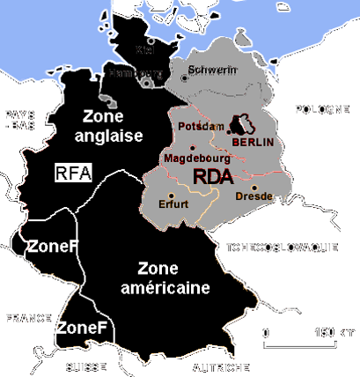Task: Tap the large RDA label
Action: (213, 176)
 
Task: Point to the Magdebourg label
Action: (197, 159)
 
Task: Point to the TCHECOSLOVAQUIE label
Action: (282, 248)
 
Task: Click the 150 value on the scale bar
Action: (326, 333)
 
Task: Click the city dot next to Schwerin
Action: (184, 78)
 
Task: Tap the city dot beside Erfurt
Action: (172, 195)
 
